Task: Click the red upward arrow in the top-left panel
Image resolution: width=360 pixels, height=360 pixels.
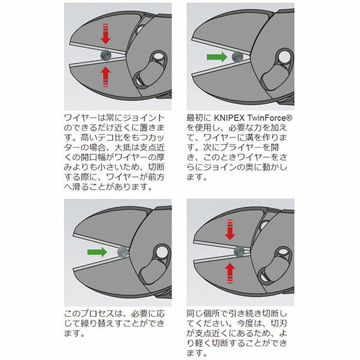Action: tap(106, 76)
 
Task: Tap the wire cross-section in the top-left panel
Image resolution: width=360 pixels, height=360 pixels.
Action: tap(106, 55)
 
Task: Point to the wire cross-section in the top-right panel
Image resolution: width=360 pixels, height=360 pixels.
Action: tap(235, 58)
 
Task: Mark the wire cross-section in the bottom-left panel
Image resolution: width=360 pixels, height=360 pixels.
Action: tap(122, 251)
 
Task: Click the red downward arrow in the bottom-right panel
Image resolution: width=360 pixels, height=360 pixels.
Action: tap(228, 229)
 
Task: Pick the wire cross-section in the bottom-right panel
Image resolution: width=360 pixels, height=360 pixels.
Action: tap(239, 251)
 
